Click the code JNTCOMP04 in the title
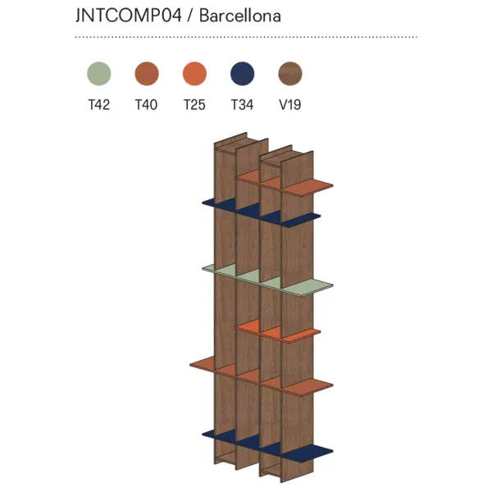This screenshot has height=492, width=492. [129, 16]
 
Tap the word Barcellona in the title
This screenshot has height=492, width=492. [240, 16]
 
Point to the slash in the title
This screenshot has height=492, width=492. [190, 16]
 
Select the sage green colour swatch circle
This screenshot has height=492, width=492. [99, 74]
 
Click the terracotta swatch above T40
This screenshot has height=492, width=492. [147, 74]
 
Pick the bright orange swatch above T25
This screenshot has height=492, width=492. [194, 74]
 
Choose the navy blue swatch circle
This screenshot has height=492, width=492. [242, 74]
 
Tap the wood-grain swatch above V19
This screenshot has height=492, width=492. [290, 74]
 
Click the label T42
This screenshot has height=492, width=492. [99, 105]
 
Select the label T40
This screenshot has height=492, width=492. [146, 105]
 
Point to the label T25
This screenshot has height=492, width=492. [194, 105]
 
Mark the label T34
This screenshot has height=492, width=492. [242, 105]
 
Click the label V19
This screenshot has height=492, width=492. [290, 105]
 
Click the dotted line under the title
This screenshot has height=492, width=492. [246, 37]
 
